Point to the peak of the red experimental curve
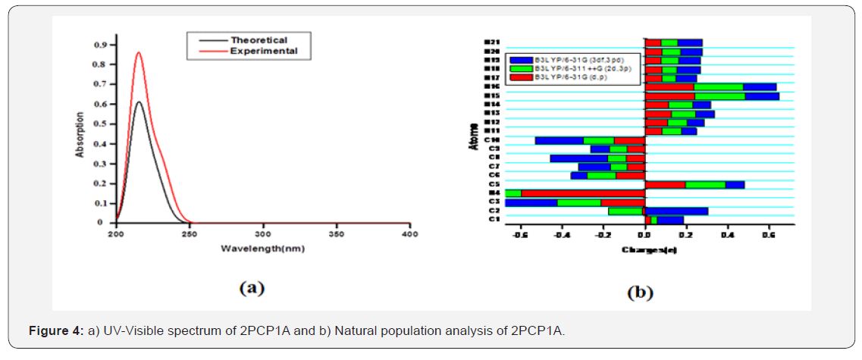pyautogui.click(x=138, y=52)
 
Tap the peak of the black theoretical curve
pyautogui.click(x=138, y=102)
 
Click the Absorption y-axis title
pyautogui.click(x=80, y=135)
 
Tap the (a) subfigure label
pyautogui.click(x=251, y=287)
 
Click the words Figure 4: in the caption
pyautogui.click(x=55, y=331)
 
